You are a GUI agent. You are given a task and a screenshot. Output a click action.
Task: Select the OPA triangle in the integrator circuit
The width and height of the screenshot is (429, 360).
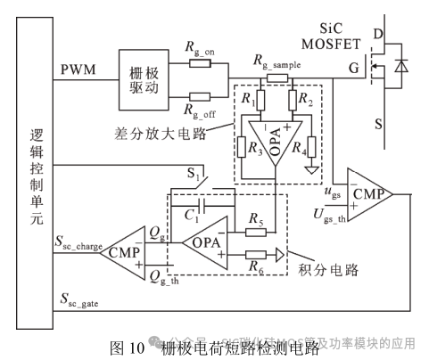click(x=204, y=241)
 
